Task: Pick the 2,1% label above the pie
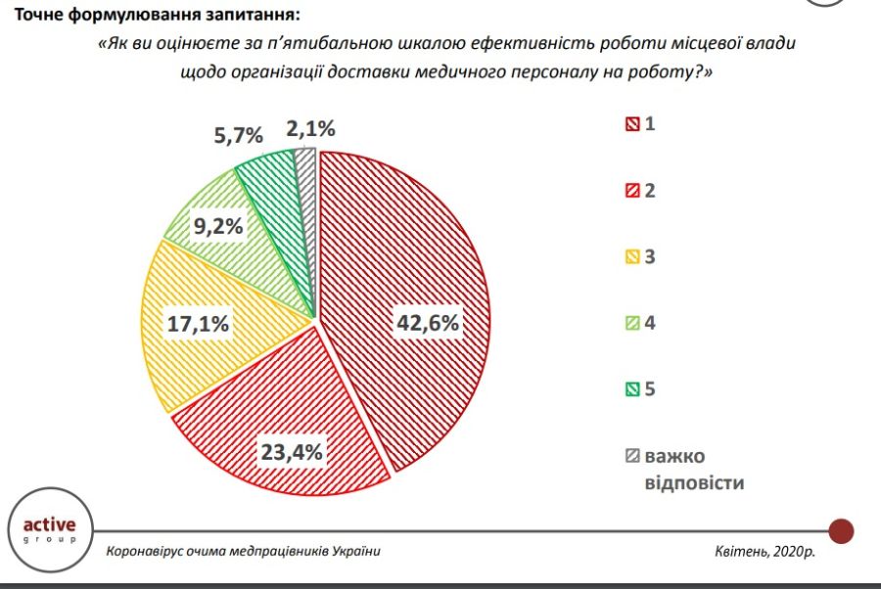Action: point(311,128)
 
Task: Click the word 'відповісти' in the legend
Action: point(695,483)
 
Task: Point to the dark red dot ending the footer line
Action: point(841,531)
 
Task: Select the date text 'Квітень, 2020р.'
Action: point(765,551)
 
